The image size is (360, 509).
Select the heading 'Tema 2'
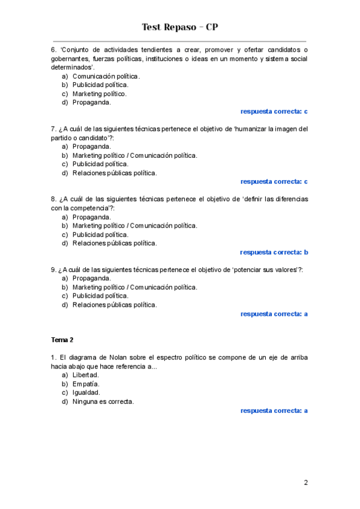[62, 340]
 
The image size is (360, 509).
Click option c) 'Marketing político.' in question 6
[100, 94]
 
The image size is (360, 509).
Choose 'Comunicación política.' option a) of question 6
[106, 76]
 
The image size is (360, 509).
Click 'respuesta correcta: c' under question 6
[274, 111]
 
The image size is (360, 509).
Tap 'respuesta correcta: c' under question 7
[274, 181]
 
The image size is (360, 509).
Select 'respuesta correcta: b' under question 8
[274, 252]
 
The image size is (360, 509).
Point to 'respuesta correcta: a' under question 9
[274, 313]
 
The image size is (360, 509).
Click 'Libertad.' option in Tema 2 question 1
[86, 375]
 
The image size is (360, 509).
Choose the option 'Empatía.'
[86, 384]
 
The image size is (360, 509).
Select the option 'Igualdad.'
[86, 393]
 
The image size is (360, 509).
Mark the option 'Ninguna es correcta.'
[103, 401]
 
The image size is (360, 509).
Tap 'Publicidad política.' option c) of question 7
[100, 164]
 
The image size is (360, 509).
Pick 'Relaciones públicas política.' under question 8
[115, 243]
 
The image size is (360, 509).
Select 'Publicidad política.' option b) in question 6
[100, 85]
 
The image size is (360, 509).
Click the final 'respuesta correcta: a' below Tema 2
[274, 411]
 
